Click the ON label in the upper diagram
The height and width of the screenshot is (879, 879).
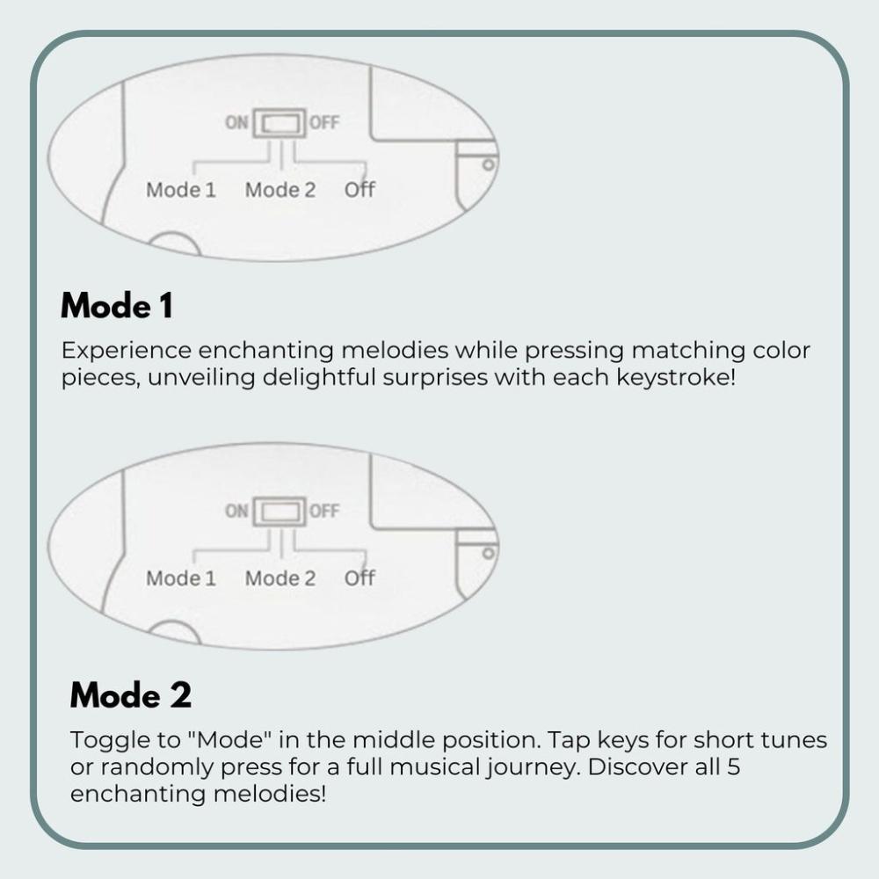(x=236, y=122)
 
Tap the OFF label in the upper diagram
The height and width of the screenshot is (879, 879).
(x=324, y=122)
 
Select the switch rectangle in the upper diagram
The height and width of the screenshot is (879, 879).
(x=280, y=123)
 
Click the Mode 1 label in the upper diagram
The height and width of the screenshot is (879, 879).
(x=180, y=190)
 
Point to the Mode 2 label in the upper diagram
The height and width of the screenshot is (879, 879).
(x=280, y=190)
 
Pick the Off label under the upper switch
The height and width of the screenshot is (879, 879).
(x=360, y=189)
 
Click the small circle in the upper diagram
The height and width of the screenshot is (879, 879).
(x=488, y=165)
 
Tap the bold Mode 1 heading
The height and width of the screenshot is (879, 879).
(x=117, y=306)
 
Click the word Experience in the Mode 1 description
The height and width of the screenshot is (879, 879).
(x=127, y=352)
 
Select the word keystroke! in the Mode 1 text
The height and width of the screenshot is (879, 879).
(x=675, y=377)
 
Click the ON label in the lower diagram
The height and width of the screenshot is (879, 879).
(x=236, y=512)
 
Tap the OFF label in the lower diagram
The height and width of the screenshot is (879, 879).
(x=324, y=512)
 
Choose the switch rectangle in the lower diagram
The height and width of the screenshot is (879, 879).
(x=280, y=512)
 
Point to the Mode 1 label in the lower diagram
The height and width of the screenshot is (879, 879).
(x=180, y=578)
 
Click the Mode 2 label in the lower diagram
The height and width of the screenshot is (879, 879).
(x=280, y=578)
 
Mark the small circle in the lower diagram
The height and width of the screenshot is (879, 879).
(x=488, y=553)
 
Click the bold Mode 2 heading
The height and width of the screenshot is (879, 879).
(x=131, y=695)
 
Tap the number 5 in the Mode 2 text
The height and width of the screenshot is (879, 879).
(x=733, y=766)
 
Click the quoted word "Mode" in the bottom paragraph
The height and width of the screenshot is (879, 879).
(x=229, y=740)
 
